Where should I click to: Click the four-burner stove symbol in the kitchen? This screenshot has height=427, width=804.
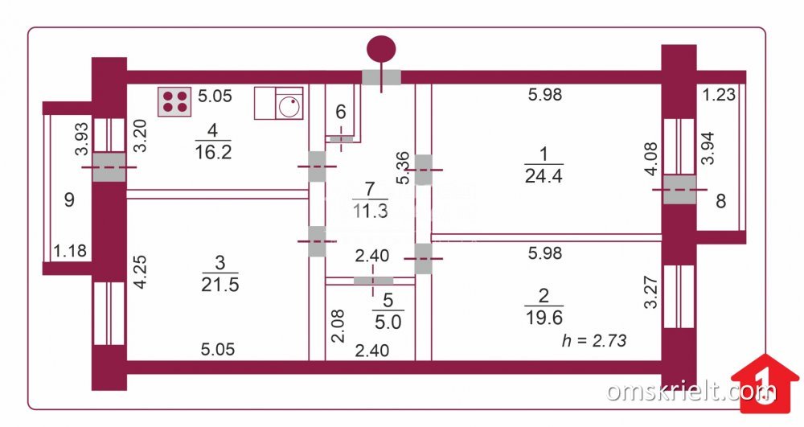[x=174, y=101]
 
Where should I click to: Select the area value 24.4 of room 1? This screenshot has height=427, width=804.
[x=544, y=176]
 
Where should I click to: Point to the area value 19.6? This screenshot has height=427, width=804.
[x=544, y=318]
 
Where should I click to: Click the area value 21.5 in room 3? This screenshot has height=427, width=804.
[x=220, y=285]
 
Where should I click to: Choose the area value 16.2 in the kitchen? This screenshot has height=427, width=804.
[x=213, y=152]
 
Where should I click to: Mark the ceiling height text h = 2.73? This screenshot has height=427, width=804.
[x=594, y=340]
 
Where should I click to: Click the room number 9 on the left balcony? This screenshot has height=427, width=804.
[x=69, y=199]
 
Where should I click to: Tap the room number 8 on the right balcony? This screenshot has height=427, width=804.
[x=721, y=201]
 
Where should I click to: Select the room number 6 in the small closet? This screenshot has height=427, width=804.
[x=341, y=112]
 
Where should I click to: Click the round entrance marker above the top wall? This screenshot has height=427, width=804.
[x=381, y=49]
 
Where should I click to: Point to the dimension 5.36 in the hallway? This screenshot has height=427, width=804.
[x=404, y=167]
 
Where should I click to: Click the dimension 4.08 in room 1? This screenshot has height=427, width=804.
[x=651, y=159]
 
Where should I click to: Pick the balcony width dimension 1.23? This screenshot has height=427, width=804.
[x=719, y=95]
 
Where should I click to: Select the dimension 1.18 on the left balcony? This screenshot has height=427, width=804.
[x=70, y=251]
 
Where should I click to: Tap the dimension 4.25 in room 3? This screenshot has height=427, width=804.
[x=140, y=272]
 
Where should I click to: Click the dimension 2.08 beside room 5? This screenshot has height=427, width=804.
[x=338, y=326]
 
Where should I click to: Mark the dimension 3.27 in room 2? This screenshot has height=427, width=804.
[x=650, y=292]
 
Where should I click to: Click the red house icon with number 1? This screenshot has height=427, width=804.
[x=765, y=384]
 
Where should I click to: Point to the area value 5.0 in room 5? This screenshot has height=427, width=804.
[x=388, y=322]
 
